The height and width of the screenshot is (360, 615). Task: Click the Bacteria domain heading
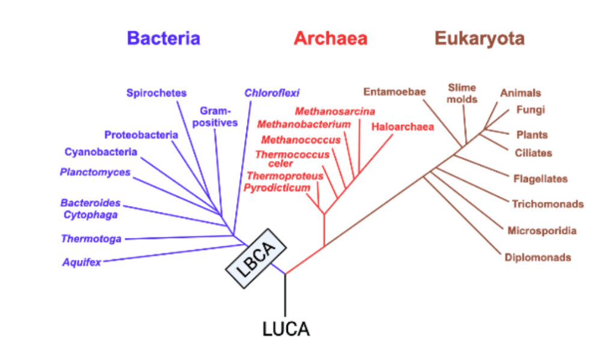[x=163, y=38]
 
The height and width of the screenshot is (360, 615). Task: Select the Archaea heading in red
[x=330, y=38]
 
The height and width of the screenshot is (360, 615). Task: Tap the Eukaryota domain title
[x=479, y=38]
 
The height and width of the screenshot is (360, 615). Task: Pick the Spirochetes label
[x=156, y=93]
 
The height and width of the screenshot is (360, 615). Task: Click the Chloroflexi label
[x=272, y=93]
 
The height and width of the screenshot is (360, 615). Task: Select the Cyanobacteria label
[x=101, y=152]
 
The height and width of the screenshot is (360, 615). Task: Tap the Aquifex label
[x=82, y=263]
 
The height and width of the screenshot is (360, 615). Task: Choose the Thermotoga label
[x=91, y=239]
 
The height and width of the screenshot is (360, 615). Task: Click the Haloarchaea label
[x=402, y=127]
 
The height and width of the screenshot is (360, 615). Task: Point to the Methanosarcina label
[x=335, y=111]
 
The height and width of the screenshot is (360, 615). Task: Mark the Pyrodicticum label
[x=277, y=188]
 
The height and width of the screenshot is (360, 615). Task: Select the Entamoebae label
[x=394, y=92]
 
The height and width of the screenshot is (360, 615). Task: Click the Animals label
[x=521, y=93]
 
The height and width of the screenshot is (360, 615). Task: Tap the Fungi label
[x=530, y=110]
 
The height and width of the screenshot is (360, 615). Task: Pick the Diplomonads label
[x=538, y=258]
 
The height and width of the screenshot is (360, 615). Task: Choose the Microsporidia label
[x=542, y=231]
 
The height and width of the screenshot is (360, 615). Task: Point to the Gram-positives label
[x=218, y=117]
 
